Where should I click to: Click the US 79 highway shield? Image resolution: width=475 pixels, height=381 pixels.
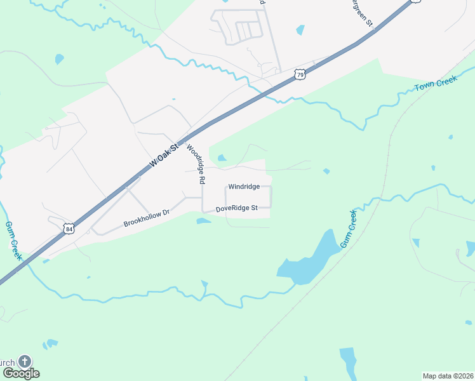pyautogui.click(x=300, y=75)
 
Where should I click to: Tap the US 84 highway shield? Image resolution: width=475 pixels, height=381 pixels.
pyautogui.click(x=69, y=228)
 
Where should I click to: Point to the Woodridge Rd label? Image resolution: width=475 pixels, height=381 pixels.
pyautogui.click(x=196, y=164)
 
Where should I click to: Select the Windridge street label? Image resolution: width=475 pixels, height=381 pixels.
pyautogui.click(x=244, y=187)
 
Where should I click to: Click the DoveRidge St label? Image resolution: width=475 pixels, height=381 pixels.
pyautogui.click(x=236, y=208)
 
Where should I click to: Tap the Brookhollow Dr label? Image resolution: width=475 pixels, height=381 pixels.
pyautogui.click(x=147, y=218)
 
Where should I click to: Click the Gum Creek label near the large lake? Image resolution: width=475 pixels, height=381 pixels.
pyautogui.click(x=348, y=229)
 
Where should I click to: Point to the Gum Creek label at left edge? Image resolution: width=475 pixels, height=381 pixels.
pyautogui.click(x=14, y=241)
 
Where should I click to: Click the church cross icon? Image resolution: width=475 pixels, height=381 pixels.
pyautogui.click(x=24, y=362)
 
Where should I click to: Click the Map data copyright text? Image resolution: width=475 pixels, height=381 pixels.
pyautogui.click(x=448, y=376)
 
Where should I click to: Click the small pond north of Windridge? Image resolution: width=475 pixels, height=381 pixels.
pyautogui.click(x=222, y=158)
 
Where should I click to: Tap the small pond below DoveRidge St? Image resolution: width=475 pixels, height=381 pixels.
pyautogui.click(x=203, y=221)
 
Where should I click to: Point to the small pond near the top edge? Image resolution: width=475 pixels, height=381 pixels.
pyautogui.click(x=300, y=30)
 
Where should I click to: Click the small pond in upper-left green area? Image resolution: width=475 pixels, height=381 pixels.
pyautogui.click(x=59, y=60)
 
